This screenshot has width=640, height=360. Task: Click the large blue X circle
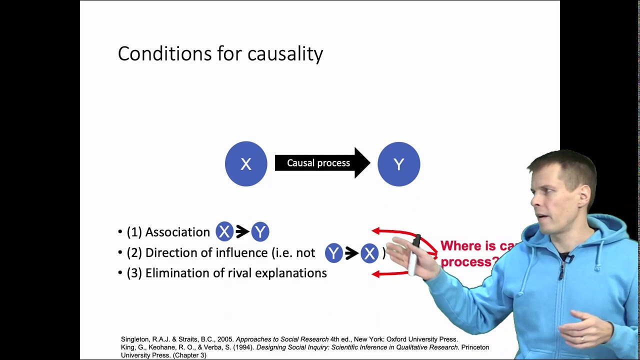[x=246, y=164]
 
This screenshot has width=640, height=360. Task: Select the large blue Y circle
[x=398, y=164]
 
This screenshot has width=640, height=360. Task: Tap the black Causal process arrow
[x=320, y=163]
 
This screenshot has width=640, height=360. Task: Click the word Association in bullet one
[x=177, y=232]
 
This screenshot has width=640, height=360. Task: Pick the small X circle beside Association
[x=224, y=231]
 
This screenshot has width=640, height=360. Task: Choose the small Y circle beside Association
[x=260, y=231]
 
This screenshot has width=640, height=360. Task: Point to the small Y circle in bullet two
[x=333, y=253]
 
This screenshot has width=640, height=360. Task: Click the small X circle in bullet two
[x=369, y=253]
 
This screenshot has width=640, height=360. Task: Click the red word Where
[x=460, y=246]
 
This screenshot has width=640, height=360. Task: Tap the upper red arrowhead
[x=375, y=231]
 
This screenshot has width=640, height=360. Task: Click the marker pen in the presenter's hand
[x=414, y=255]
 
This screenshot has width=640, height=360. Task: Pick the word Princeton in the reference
[x=475, y=347]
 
